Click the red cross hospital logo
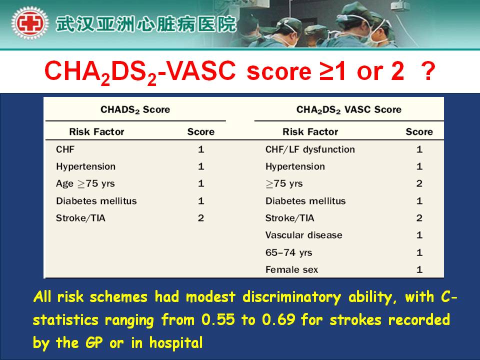point(29,23)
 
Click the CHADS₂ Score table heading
point(135,109)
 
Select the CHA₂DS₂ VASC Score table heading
point(348,109)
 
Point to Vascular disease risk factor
point(303,235)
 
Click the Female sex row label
point(291,269)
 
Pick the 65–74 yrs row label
point(288,252)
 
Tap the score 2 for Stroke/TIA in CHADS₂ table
point(201,218)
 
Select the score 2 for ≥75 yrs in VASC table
point(419,183)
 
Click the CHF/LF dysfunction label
point(310,149)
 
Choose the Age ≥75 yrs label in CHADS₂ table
point(85,183)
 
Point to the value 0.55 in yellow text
point(218,320)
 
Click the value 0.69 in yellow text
point(278,320)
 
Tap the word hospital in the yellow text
point(176,343)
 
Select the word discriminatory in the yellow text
point(291,297)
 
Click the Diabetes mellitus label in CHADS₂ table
point(96,201)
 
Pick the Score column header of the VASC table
point(419,132)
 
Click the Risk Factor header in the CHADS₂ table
point(96,132)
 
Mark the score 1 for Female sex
point(419,269)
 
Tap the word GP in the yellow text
point(94,343)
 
